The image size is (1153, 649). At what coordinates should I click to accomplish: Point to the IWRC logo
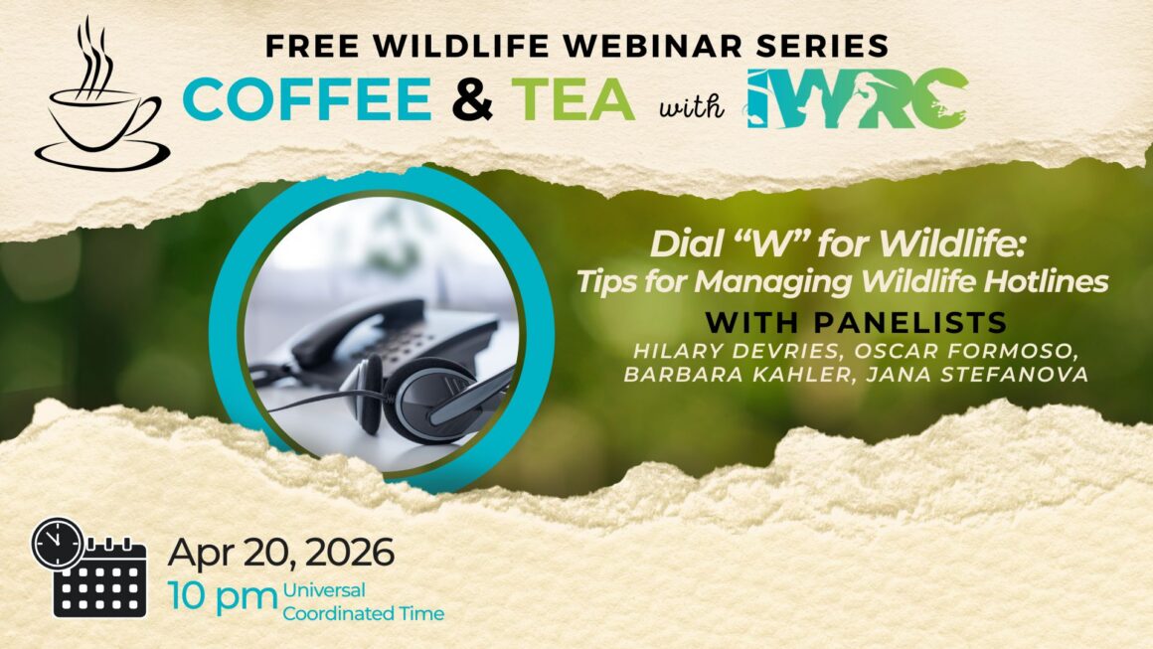pos(857,99)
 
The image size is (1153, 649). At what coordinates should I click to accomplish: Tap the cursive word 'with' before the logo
pos(691,106)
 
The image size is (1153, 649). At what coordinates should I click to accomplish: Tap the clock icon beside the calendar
pos(58,543)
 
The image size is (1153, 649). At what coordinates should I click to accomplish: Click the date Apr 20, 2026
pos(280,552)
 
